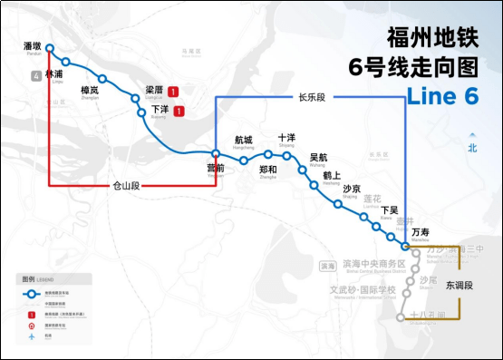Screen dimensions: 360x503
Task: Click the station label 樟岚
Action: [x=90, y=90]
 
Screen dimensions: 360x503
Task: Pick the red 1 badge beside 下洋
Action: [x=179, y=112]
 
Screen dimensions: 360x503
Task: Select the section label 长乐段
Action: [x=311, y=97]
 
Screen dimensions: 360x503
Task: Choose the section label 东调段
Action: [x=459, y=285]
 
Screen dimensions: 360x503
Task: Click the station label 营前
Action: [x=215, y=168]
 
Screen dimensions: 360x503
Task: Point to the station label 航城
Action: [x=244, y=140]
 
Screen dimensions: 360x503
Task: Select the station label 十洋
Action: [x=286, y=137]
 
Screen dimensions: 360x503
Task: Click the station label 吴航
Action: [x=318, y=157]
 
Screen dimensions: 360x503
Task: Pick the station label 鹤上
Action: [x=332, y=176]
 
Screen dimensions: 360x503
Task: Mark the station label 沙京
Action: [x=352, y=189]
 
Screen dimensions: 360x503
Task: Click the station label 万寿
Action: [x=420, y=233]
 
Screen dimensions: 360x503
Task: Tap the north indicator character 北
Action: [x=472, y=148]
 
